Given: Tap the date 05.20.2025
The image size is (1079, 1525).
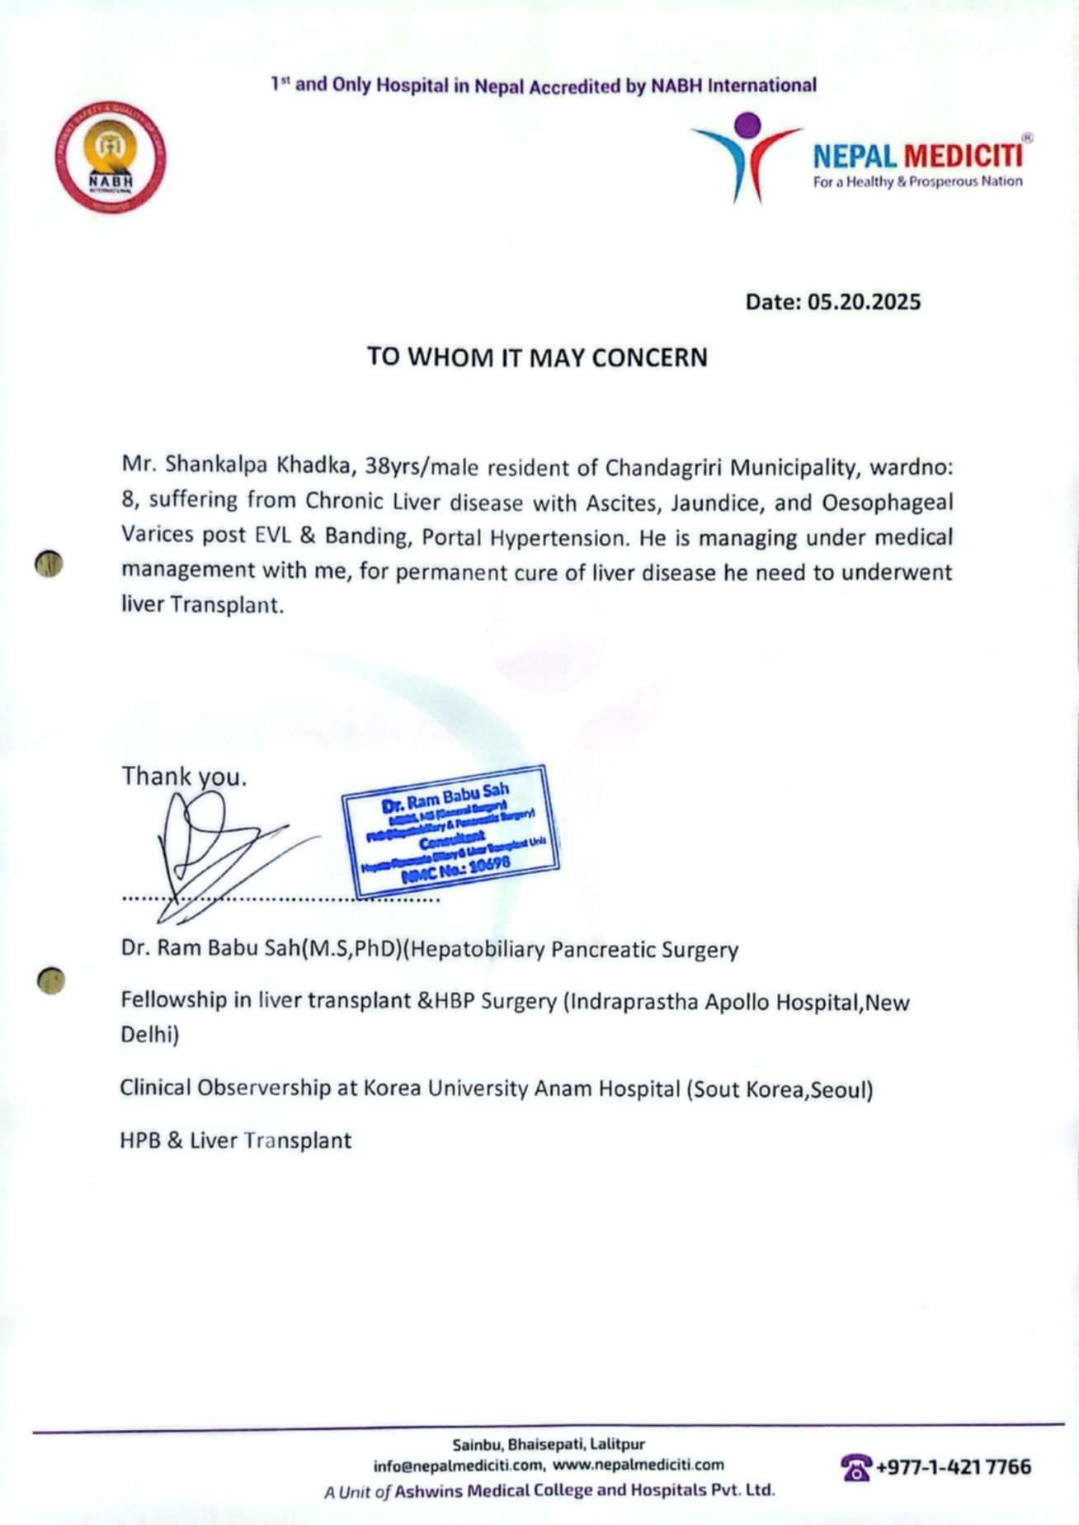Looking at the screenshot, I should tap(864, 302).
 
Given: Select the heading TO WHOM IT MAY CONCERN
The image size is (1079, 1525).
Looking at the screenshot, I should tap(537, 357).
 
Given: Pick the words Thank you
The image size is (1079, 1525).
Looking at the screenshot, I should tap(184, 777).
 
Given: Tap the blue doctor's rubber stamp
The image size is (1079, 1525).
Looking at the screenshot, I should tap(451, 831).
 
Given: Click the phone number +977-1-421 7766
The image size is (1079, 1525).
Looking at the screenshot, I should tap(953, 1466).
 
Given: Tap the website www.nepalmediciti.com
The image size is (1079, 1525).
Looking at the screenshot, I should tap(638, 1465).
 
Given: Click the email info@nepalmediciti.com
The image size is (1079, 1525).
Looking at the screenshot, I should tap(458, 1466).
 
